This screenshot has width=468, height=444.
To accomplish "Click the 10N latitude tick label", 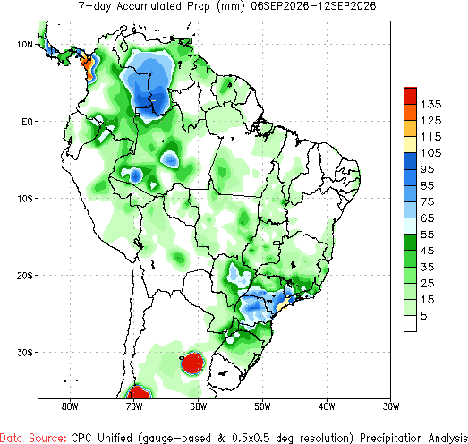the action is [25, 45].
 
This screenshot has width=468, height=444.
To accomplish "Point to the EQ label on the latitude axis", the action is [27, 122].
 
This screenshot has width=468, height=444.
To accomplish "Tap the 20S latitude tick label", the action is [24, 276].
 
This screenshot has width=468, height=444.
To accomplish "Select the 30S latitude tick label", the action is [24, 353].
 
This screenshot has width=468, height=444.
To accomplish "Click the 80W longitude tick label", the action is [70, 406].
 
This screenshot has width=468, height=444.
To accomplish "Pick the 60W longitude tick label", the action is [198, 406].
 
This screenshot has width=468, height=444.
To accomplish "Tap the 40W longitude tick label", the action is [327, 406].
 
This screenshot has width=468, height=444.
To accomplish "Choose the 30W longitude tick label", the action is [391, 406].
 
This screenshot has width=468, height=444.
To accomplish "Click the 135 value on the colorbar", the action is [431, 105].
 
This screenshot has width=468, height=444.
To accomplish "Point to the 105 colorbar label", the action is [431, 153].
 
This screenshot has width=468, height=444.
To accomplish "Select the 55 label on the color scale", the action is [427, 235].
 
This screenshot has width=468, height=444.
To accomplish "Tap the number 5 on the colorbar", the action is [424, 316].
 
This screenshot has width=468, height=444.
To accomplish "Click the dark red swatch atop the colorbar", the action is [410, 96].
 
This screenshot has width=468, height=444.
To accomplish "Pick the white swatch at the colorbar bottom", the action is [410, 323].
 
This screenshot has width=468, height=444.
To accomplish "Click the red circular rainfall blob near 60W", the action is [193, 363].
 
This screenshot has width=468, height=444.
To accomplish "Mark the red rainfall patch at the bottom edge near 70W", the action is [138, 392].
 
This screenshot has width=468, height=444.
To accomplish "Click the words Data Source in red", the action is [33, 438].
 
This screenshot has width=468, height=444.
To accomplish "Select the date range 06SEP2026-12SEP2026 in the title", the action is [313, 6].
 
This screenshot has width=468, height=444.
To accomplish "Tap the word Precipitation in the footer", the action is [392, 438].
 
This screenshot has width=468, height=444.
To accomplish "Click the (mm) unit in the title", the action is [230, 6].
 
